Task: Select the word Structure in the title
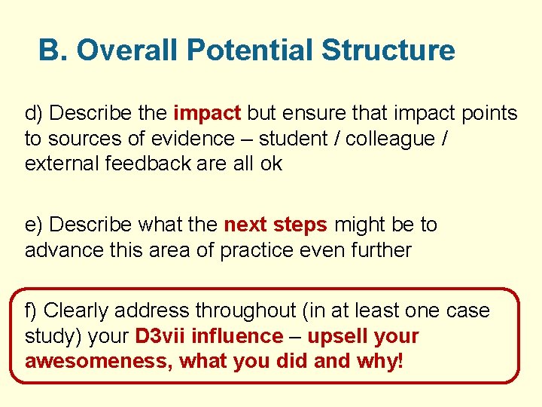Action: point(388,51)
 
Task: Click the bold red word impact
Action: point(207,114)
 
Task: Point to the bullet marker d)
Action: point(34,114)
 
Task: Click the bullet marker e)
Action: point(34,225)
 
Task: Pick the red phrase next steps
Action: point(276,225)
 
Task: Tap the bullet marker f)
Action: point(32,311)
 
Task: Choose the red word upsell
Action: point(336,336)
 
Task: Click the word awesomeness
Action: point(98,361)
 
